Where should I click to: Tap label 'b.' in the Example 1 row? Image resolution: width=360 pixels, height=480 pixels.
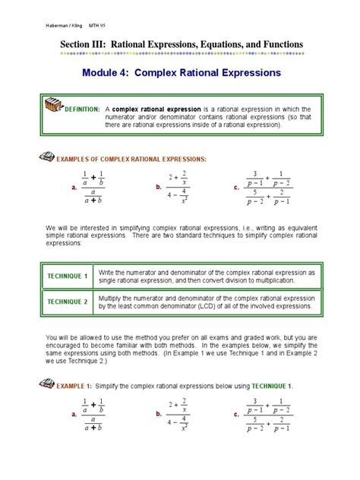click(x=158, y=415)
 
